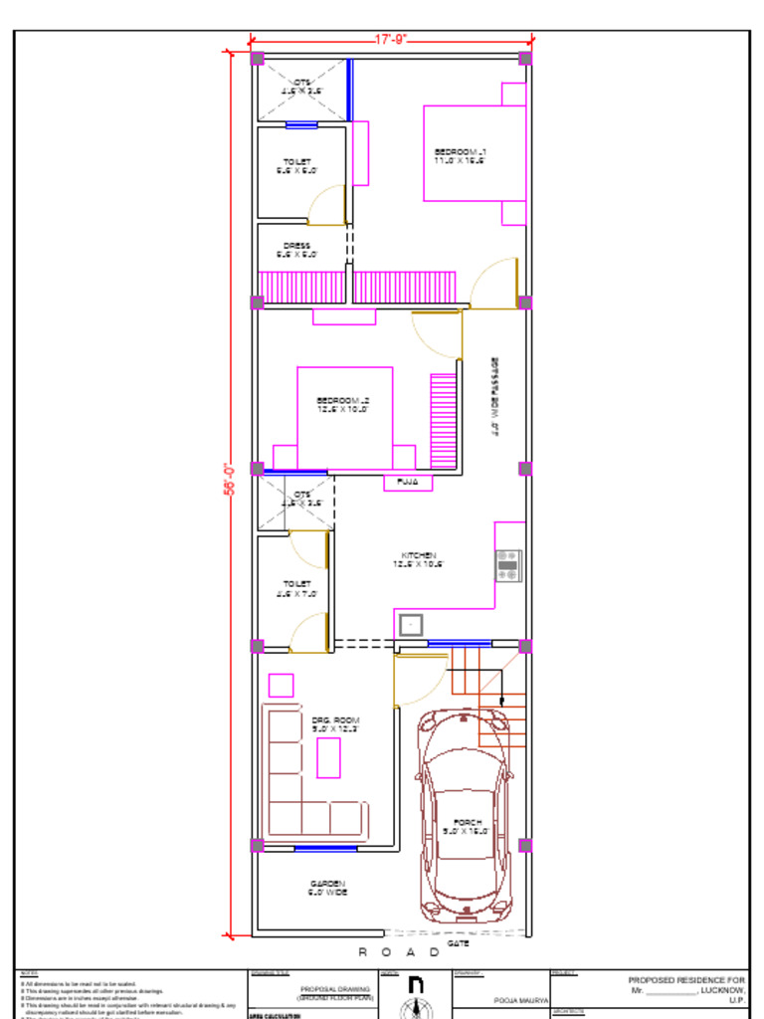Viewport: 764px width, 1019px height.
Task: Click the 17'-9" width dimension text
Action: pos(391,39)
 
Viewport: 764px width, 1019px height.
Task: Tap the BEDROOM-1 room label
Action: pos(459,155)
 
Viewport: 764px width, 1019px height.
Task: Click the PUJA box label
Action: pos(408,483)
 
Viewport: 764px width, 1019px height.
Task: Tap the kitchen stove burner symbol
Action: pos(507,565)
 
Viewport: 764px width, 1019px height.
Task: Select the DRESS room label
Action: pos(296,249)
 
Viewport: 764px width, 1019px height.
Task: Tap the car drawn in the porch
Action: pos(465,811)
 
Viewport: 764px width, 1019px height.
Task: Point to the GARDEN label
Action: pos(327,888)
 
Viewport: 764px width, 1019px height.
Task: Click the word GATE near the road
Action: pos(458,942)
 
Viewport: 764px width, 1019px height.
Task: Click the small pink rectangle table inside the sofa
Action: pos(328,757)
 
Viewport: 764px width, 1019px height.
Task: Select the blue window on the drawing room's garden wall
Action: pos(325,848)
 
